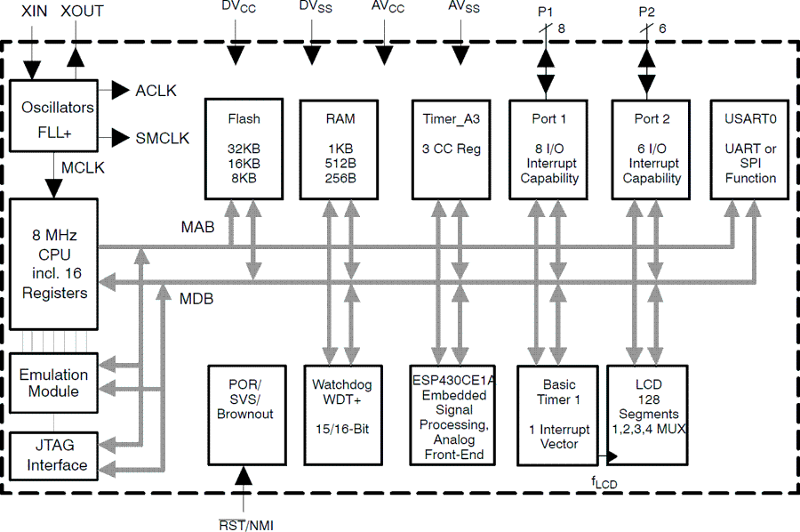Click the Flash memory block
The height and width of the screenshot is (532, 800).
[244, 148]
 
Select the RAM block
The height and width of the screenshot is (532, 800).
[340, 148]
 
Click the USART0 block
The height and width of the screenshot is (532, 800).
[750, 148]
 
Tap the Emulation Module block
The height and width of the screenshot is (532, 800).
[53, 383]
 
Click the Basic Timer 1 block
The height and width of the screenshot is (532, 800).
[559, 415]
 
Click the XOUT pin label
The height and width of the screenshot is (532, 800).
[82, 12]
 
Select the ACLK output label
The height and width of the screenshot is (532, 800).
[156, 91]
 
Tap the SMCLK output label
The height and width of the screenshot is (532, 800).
[162, 138]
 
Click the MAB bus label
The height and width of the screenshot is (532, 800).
[198, 228]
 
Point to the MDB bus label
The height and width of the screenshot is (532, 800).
[196, 299]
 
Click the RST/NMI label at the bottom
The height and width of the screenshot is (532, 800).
[246, 524]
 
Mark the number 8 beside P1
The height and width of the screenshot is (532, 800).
[561, 28]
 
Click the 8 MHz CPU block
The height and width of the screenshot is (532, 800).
[54, 264]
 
